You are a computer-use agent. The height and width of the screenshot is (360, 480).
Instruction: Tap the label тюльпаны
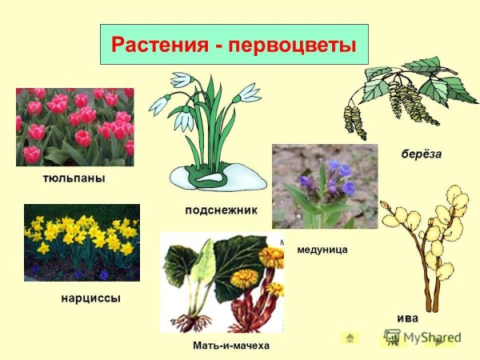(x=74, y=178)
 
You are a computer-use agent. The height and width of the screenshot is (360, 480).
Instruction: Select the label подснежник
(x=220, y=210)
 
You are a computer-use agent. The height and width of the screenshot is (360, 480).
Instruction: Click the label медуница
(x=322, y=250)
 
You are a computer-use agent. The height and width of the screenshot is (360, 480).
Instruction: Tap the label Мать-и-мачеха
(x=231, y=346)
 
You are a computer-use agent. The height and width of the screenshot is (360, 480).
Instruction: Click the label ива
(x=407, y=317)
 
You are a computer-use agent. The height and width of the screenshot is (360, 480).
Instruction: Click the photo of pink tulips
(x=74, y=126)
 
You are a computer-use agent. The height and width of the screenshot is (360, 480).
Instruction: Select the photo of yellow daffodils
(x=82, y=242)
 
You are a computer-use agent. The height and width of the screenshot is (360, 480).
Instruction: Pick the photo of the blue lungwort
(x=324, y=186)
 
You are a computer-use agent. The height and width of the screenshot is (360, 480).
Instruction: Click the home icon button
(x=350, y=338)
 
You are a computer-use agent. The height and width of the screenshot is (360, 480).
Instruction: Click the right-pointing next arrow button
(x=441, y=343)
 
